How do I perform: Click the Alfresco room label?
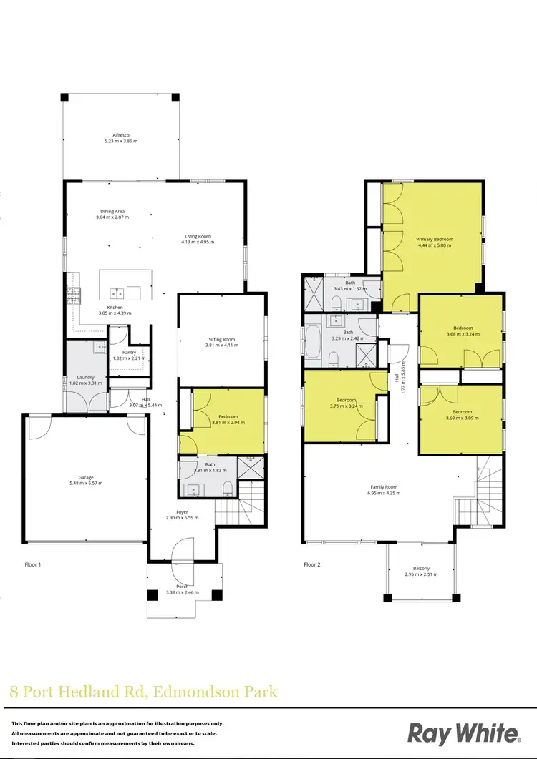(120, 134)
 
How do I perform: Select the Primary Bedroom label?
(435, 239)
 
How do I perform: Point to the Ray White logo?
(464, 733)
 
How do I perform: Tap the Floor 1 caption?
(32, 564)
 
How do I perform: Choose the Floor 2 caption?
(312, 564)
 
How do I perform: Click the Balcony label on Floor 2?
(420, 568)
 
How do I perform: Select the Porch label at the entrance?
(183, 587)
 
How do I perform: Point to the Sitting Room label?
(221, 339)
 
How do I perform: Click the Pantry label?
(129, 352)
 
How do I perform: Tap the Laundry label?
(86, 377)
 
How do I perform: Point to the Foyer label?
(183, 511)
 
